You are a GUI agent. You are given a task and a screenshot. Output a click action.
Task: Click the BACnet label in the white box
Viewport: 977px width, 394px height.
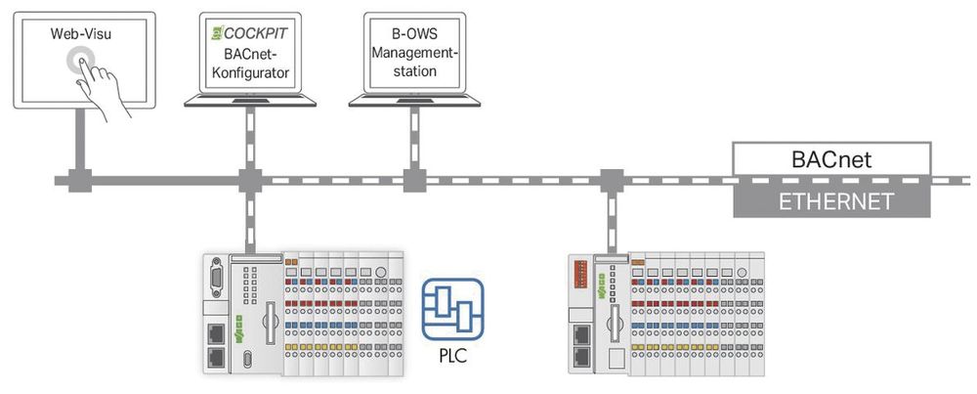(832, 156)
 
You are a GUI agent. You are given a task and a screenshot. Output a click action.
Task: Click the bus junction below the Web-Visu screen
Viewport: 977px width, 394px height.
(77, 181)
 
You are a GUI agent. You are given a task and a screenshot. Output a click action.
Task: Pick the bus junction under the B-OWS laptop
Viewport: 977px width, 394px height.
(410, 181)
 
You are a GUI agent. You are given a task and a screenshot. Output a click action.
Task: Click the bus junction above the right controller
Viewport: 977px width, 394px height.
(612, 181)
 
